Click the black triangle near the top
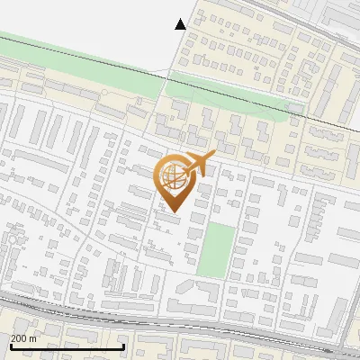coord(181,24)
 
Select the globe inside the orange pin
coord(177,176)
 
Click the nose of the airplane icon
coord(213,157)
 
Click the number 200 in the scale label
coord(18,338)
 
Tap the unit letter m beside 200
coord(32,338)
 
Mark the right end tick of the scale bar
coord(123,345)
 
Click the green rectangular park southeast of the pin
coord(216,249)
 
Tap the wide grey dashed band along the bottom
coord(180,319)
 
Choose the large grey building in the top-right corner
coord(342,16)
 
